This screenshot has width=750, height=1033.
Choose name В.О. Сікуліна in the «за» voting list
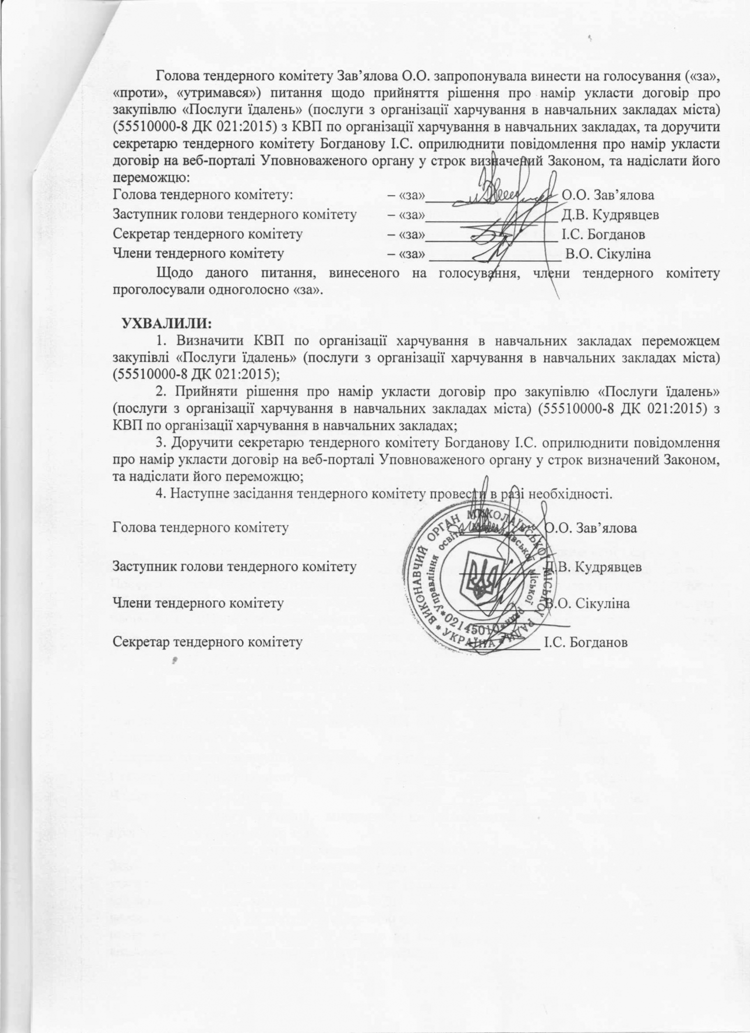(x=608, y=254)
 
